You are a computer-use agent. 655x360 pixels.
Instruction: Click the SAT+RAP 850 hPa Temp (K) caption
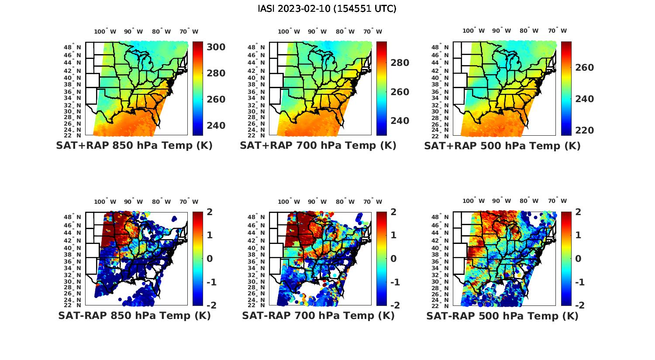(134, 146)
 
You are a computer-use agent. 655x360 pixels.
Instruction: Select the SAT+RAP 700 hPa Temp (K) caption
(318, 146)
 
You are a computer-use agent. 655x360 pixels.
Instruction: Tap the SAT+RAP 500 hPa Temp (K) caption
(502, 146)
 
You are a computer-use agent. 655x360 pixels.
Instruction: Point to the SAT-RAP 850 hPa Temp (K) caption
(134, 316)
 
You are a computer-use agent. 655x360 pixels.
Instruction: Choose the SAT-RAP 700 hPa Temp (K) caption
(318, 316)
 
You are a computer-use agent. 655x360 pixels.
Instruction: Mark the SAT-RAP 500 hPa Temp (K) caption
(502, 316)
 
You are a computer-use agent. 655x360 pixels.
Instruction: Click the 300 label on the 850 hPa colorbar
(216, 47)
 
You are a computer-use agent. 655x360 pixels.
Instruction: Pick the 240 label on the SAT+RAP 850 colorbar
(216, 126)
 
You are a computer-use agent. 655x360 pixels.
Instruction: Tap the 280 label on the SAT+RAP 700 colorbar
(400, 63)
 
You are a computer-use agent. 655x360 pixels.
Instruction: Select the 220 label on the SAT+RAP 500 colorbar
(584, 130)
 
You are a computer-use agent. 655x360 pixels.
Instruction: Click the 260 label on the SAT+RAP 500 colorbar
(584, 68)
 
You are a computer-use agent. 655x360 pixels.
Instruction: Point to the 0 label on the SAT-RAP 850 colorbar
(210, 259)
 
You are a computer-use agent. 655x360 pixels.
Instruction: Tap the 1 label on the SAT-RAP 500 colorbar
(579, 235)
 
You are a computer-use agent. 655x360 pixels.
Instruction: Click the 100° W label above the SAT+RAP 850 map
(105, 31)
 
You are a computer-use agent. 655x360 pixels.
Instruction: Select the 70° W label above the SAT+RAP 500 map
(557, 31)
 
